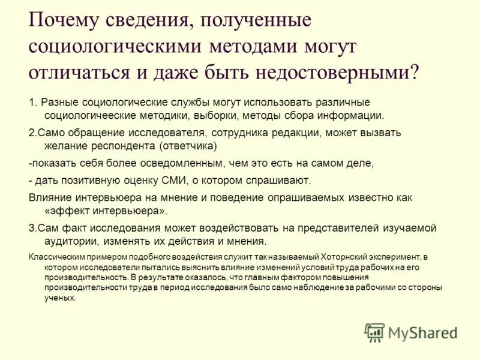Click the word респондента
pyautogui.click(x=122, y=146)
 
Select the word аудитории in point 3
pyautogui.click(x=69, y=241)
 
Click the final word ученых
pyautogui.click(x=60, y=298)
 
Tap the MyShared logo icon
pyautogui.click(x=375, y=331)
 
